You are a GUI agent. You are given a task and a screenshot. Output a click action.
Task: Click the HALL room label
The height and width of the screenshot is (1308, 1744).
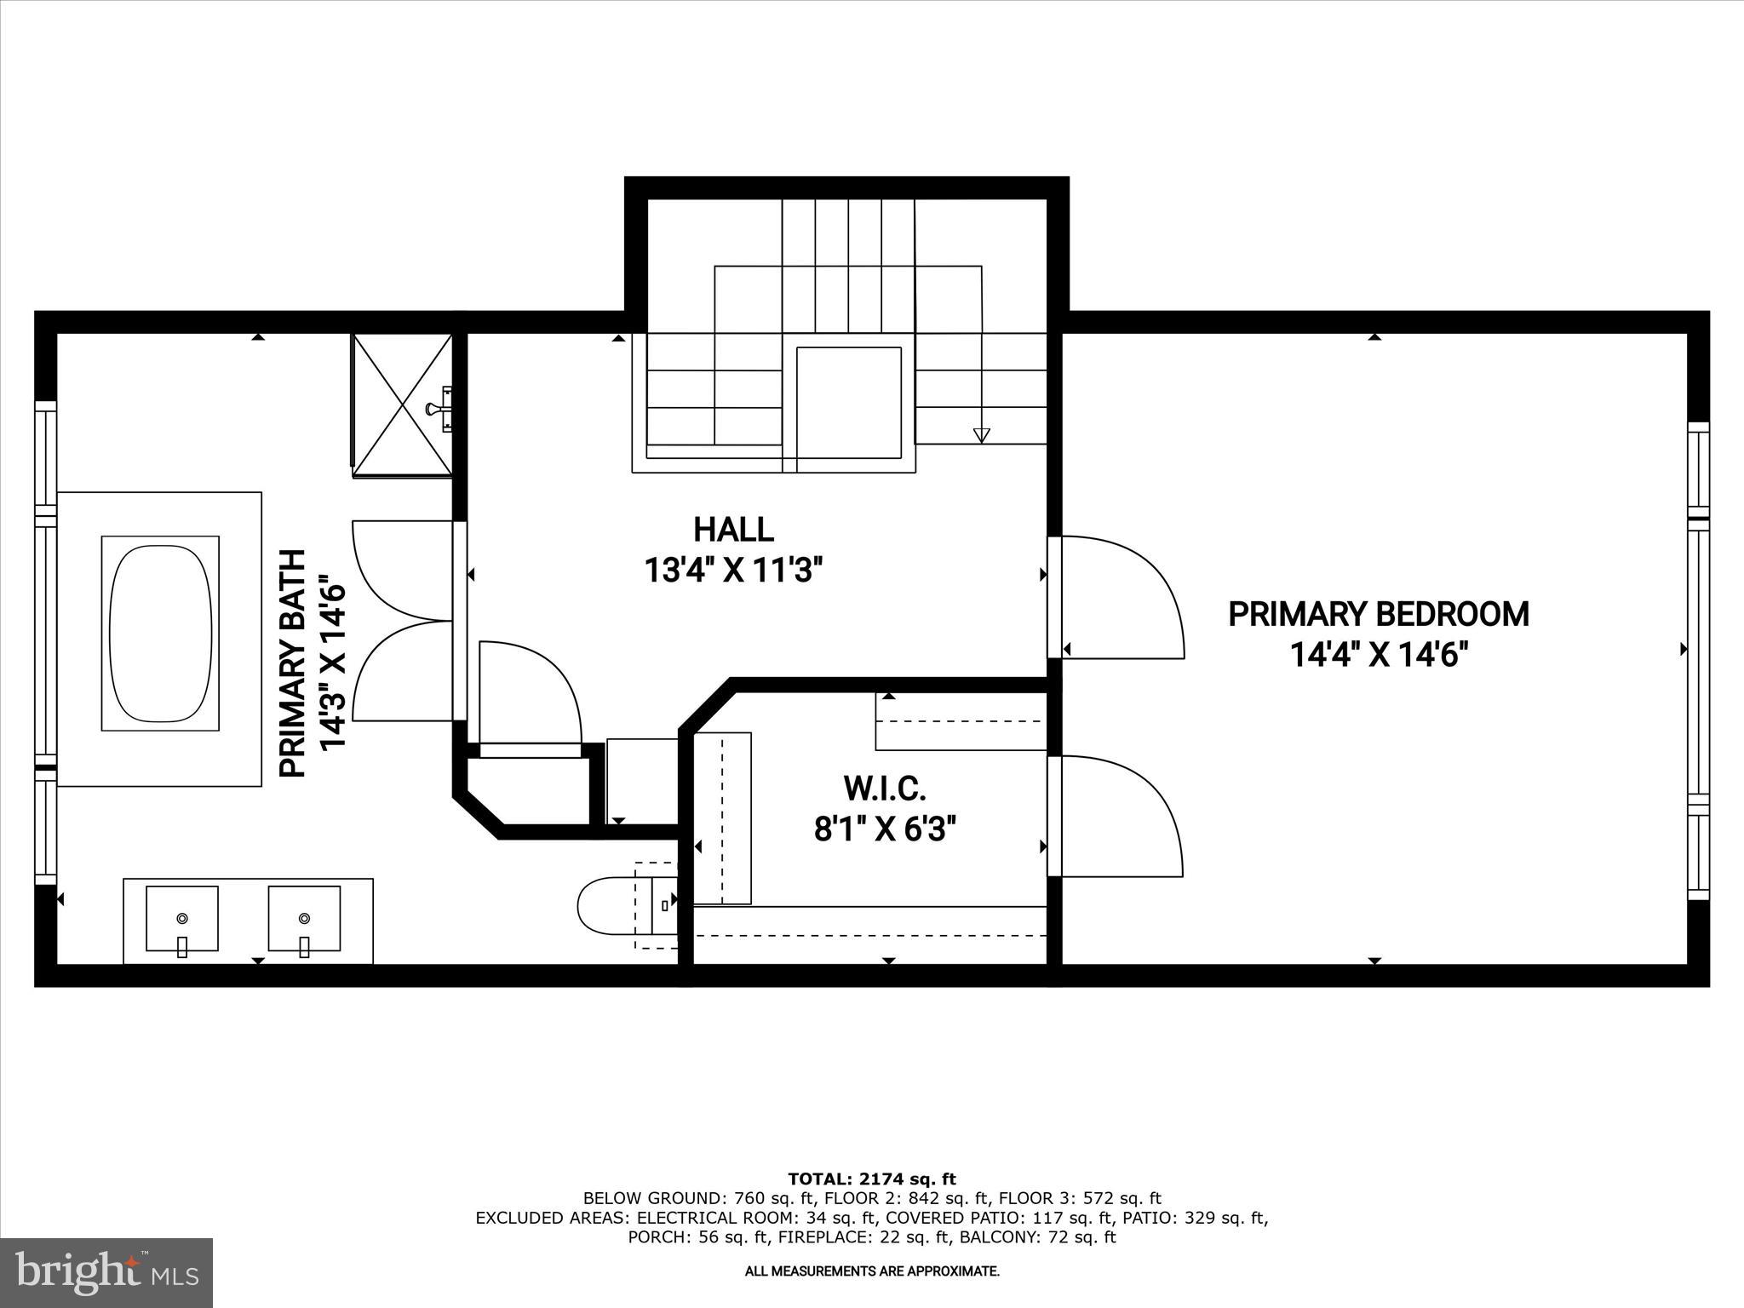733,530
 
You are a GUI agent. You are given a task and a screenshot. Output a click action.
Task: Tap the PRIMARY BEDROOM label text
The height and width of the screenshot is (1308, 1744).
1378,614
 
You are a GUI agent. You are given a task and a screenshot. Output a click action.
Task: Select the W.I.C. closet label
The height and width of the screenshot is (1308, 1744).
884,789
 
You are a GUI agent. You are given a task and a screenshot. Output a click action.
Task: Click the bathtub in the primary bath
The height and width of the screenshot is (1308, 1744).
160,633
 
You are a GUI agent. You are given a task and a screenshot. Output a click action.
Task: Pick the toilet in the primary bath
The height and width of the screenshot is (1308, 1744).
613,906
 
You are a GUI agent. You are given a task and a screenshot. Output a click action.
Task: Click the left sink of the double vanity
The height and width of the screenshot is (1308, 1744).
181,919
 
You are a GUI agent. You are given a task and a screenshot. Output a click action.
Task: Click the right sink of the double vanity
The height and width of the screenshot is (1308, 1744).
304,919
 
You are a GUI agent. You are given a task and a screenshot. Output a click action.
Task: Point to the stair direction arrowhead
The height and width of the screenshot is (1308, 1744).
981,435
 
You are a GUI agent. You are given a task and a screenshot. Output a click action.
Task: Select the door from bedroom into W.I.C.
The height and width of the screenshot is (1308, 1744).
1116,816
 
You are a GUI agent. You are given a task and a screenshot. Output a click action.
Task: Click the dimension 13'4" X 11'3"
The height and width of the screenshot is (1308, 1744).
733,570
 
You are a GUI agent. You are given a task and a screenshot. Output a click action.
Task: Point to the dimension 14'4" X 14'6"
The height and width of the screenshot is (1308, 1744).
1380,655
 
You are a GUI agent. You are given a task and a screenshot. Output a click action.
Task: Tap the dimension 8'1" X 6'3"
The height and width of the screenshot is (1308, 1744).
884,829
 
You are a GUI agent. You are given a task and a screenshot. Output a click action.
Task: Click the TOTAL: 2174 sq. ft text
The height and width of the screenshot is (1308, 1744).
872,1179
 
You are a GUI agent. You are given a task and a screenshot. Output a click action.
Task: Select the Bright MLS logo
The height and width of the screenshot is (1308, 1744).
106,1273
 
